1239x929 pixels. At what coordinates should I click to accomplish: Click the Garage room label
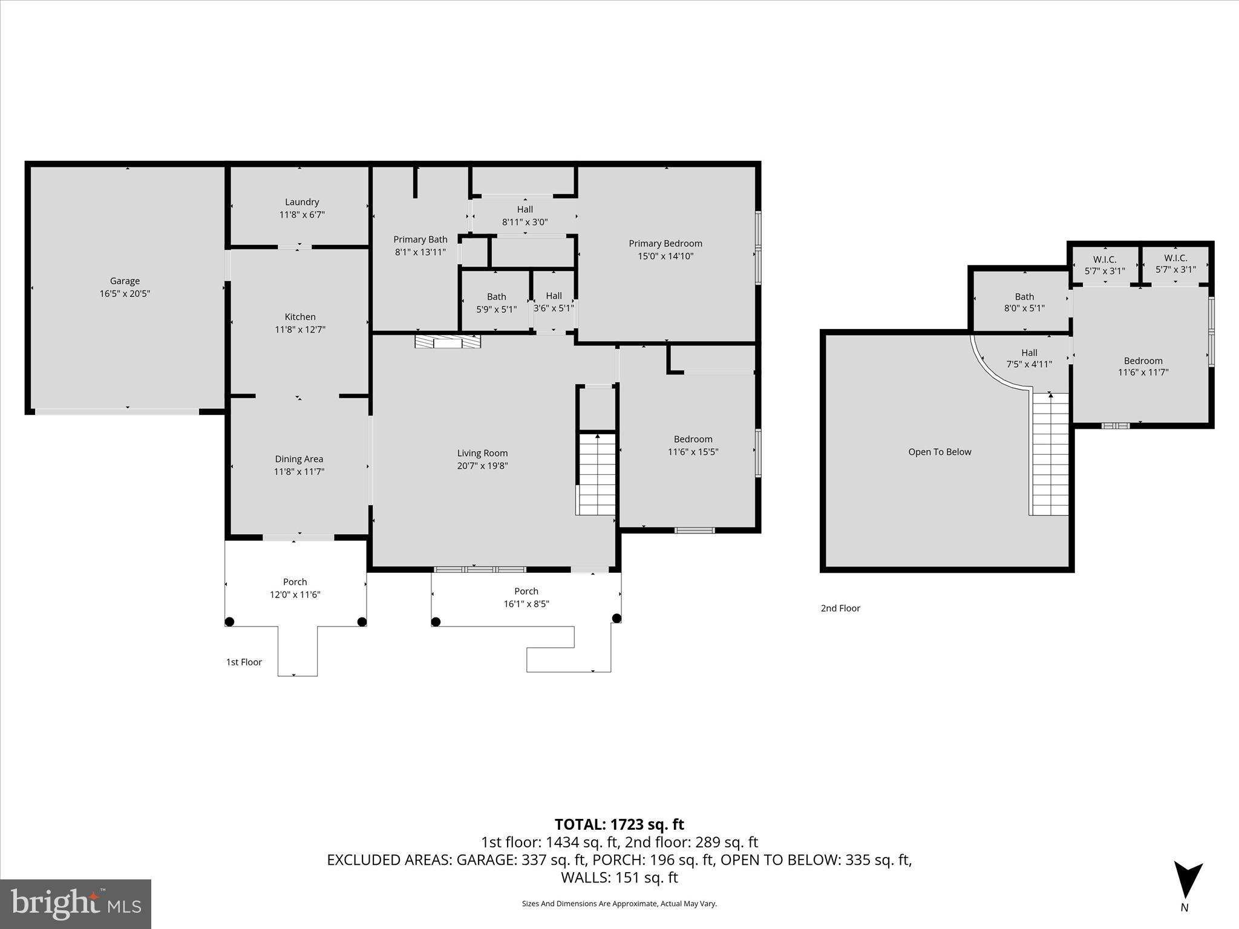coord(125,281)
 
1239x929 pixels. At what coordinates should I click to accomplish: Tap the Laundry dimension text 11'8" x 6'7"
coord(302,215)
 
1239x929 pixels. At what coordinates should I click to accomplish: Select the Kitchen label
coord(300,317)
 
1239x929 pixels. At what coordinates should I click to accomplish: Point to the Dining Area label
coord(299,459)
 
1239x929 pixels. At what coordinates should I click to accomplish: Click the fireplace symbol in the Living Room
coord(448,342)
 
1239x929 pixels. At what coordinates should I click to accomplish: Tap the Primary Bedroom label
coord(665,244)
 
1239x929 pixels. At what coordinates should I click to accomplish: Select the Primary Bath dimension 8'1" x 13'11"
coord(420,252)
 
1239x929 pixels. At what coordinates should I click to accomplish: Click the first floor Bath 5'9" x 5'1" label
coord(496,297)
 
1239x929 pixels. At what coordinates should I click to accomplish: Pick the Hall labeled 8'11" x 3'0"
coord(525,210)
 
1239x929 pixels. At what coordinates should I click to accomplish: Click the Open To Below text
coord(940,452)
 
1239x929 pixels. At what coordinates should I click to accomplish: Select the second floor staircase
coord(1050,454)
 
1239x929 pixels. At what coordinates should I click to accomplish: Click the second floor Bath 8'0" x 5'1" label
coord(1024,297)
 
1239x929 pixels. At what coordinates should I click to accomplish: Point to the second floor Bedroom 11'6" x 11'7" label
coord(1143,361)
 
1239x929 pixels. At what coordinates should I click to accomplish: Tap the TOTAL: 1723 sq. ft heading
coord(619,824)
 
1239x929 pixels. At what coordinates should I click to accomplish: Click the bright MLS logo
coord(76,904)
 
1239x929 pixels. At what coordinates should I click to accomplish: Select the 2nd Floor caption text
coord(840,608)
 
